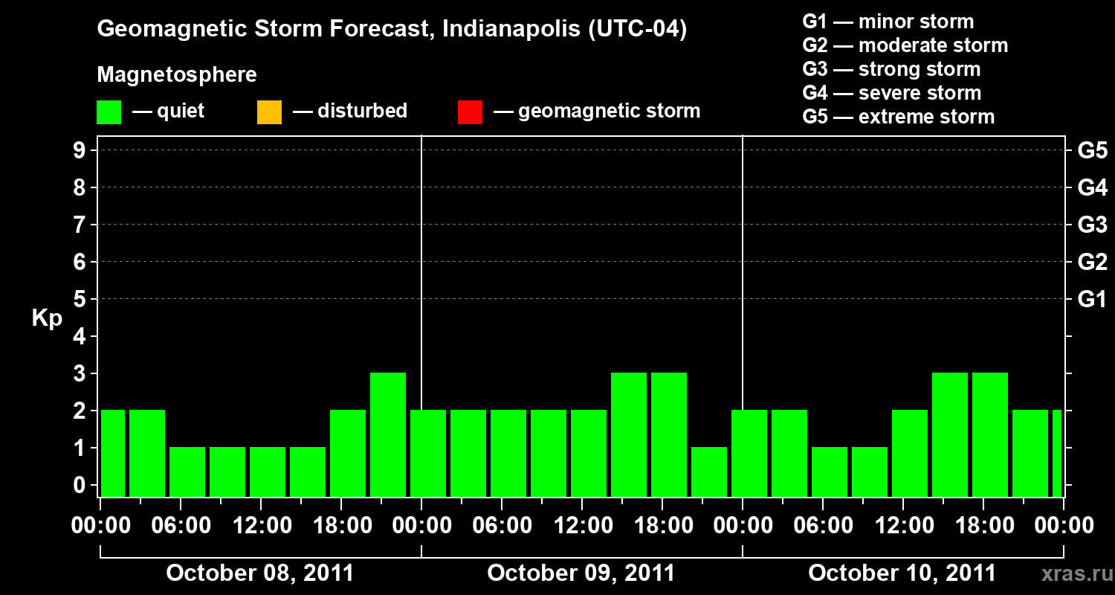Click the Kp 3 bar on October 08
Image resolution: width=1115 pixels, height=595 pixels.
click(x=388, y=434)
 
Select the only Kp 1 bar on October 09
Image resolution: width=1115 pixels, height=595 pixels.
click(x=709, y=472)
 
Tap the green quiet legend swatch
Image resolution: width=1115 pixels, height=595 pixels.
click(x=109, y=112)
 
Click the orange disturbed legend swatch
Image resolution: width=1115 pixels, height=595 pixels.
click(x=269, y=112)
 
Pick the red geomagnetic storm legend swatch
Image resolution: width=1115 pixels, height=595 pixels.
click(x=470, y=112)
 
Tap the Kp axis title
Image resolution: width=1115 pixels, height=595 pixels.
click(x=47, y=318)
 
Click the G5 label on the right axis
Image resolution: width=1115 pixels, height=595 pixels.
click(x=1092, y=151)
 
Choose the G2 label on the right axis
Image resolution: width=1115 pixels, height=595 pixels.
click(x=1092, y=263)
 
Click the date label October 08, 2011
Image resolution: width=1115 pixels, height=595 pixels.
click(x=260, y=573)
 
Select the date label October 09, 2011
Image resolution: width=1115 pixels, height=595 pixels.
click(x=581, y=573)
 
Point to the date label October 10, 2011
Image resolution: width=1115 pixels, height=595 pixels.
click(x=902, y=573)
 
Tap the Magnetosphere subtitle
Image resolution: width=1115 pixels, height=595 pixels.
click(x=177, y=75)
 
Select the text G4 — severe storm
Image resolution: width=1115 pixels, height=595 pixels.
click(x=892, y=93)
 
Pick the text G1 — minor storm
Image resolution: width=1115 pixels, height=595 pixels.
click(x=888, y=22)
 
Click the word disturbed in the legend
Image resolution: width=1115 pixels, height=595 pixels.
click(x=362, y=111)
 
